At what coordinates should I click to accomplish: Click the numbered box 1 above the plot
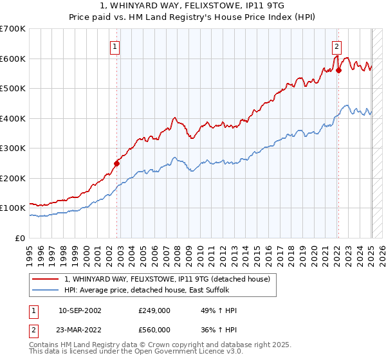pos(115,46)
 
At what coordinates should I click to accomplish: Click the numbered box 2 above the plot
pos(336,46)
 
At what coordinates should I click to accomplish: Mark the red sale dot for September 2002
pos(116,163)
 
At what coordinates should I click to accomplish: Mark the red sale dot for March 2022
pos(338,71)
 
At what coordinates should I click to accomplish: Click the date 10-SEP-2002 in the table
pos(80,310)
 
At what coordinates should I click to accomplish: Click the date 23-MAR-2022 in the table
pos(80,330)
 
